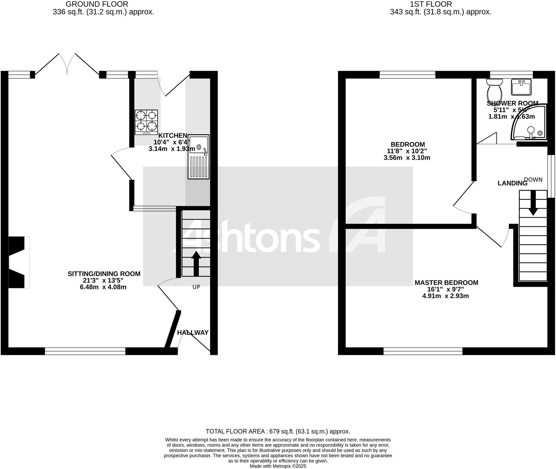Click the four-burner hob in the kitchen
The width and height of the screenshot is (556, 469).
click(x=146, y=122)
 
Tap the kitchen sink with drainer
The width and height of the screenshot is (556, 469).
click(x=199, y=157)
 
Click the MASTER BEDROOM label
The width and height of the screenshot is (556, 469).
click(x=446, y=283)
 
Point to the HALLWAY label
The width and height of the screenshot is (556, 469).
click(x=193, y=333)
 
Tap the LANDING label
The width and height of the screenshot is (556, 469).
click(x=512, y=183)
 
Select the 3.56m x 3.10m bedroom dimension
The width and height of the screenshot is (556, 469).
click(x=407, y=158)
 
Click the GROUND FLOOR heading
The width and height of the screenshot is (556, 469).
click(x=97, y=4)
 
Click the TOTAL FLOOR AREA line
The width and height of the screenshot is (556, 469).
click(x=278, y=431)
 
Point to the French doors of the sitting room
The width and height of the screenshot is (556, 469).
click(x=67, y=64)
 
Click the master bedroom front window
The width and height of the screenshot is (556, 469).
click(x=423, y=351)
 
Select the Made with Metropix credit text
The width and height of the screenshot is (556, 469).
click(x=278, y=466)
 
